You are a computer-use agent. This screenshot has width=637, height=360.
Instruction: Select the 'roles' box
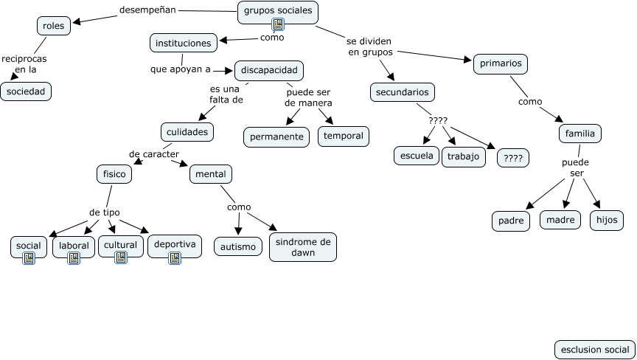click(54, 26)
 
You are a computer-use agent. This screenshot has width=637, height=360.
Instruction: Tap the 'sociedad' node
click(26, 91)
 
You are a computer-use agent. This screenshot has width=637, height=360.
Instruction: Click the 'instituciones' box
click(184, 43)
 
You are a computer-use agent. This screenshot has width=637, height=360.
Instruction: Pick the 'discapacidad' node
click(269, 70)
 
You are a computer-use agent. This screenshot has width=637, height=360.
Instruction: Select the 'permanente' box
click(276, 137)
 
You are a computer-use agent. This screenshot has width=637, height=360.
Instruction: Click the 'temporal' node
click(344, 136)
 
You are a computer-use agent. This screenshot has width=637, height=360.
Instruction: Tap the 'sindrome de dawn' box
click(303, 247)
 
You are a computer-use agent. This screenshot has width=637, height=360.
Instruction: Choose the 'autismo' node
click(238, 246)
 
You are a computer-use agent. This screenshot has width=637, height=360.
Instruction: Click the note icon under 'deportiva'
click(175, 258)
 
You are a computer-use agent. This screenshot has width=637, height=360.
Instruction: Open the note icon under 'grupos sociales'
click(278, 24)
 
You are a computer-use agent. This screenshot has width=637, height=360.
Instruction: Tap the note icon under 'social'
click(29, 258)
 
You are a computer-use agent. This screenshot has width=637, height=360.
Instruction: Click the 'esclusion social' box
click(595, 350)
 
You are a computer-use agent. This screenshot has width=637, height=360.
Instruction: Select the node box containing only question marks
click(513, 158)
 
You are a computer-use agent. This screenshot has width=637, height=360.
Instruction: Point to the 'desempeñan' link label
click(147, 10)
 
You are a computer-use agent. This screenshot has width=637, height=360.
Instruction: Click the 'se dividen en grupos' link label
click(369, 46)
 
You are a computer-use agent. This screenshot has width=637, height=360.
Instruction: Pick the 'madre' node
click(560, 220)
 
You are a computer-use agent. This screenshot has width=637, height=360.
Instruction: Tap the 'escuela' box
click(417, 156)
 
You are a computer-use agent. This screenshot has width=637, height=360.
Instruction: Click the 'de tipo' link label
click(105, 212)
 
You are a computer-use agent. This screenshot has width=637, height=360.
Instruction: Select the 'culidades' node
click(187, 132)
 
